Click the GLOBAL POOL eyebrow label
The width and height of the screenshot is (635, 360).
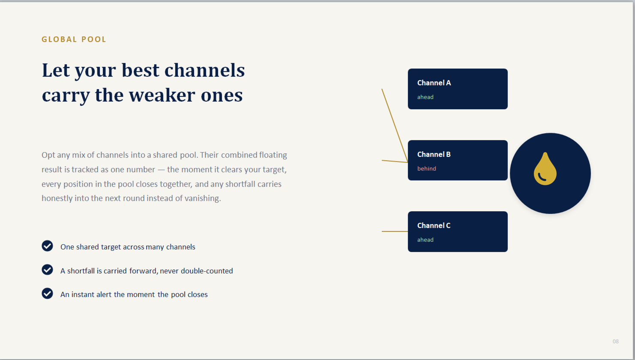tap(74, 39)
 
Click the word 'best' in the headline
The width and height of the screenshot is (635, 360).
tap(140, 70)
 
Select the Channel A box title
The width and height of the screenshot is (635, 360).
tap(434, 83)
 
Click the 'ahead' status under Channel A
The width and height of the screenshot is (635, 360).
tap(425, 97)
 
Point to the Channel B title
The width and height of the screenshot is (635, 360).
tap(434, 154)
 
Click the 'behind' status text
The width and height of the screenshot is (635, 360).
tap(427, 168)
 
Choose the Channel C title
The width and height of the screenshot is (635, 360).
tap(434, 225)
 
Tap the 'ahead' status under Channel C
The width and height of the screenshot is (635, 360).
tap(425, 240)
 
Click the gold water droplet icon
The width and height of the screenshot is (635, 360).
tap(545, 169)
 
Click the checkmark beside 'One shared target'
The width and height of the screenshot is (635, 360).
tap(47, 246)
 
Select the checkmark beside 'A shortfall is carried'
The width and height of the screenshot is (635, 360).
tap(47, 270)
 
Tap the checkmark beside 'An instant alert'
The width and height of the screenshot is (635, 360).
tap(47, 294)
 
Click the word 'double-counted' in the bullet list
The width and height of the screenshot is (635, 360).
tap(207, 271)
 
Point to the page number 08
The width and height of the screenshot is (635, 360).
tap(615, 341)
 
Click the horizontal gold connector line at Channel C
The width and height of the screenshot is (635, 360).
tap(395, 231)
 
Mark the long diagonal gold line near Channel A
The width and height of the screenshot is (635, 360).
tap(395, 126)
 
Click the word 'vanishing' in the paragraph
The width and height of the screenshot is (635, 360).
tap(203, 198)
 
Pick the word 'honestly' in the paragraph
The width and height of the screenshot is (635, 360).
tap(57, 198)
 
